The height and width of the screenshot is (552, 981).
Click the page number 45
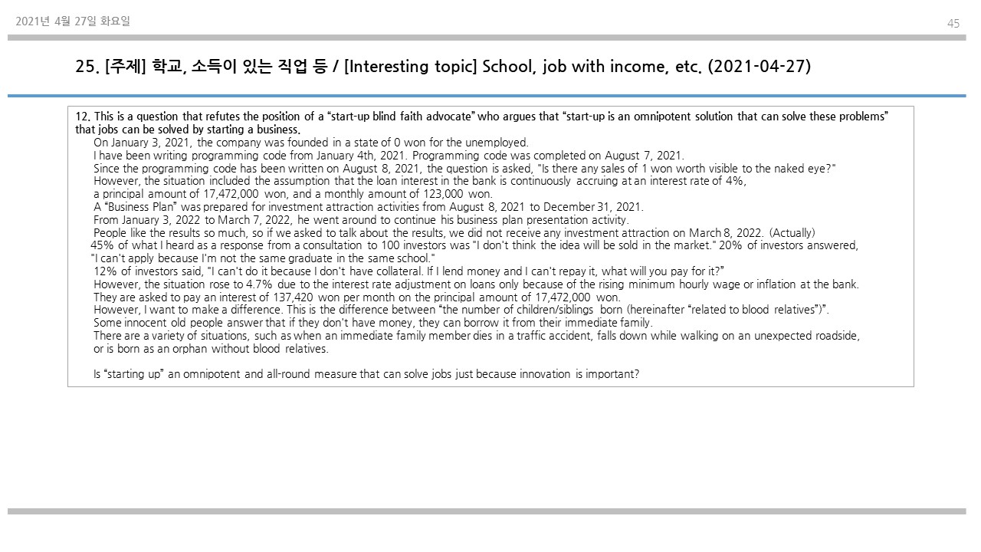click(x=953, y=24)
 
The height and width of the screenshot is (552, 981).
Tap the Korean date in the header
click(x=73, y=21)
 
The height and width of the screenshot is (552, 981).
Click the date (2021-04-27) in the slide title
click(x=759, y=67)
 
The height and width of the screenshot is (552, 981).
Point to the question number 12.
click(x=83, y=117)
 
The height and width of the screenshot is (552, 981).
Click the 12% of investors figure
click(x=106, y=271)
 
